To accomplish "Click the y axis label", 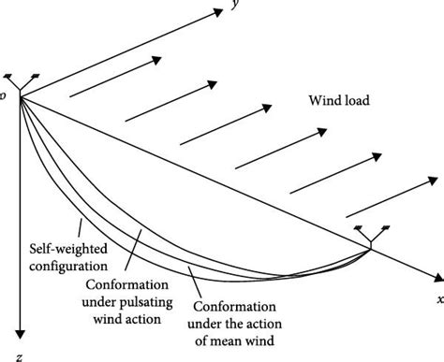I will [x=230, y=6].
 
